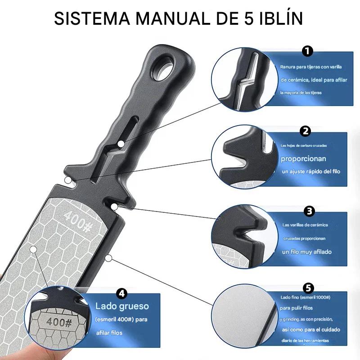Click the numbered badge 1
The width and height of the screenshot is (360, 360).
pyautogui.click(x=307, y=51)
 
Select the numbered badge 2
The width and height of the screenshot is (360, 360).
pyautogui.click(x=306, y=131)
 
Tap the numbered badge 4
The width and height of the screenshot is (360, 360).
pyautogui.click(x=121, y=293)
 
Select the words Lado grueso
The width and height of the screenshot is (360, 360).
pyautogui.click(x=122, y=306)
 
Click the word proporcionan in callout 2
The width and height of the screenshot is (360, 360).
pyautogui.click(x=304, y=159)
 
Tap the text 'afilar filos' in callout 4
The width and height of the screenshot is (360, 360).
pyautogui.click(x=110, y=333)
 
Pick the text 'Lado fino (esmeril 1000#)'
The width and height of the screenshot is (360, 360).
pyautogui.click(x=306, y=298)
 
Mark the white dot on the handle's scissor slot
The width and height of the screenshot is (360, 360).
pyautogui.click(x=121, y=143)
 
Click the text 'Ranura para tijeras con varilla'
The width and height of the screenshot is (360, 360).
pyautogui.click(x=310, y=67)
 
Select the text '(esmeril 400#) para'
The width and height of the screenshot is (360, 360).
pyautogui.click(x=121, y=320)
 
